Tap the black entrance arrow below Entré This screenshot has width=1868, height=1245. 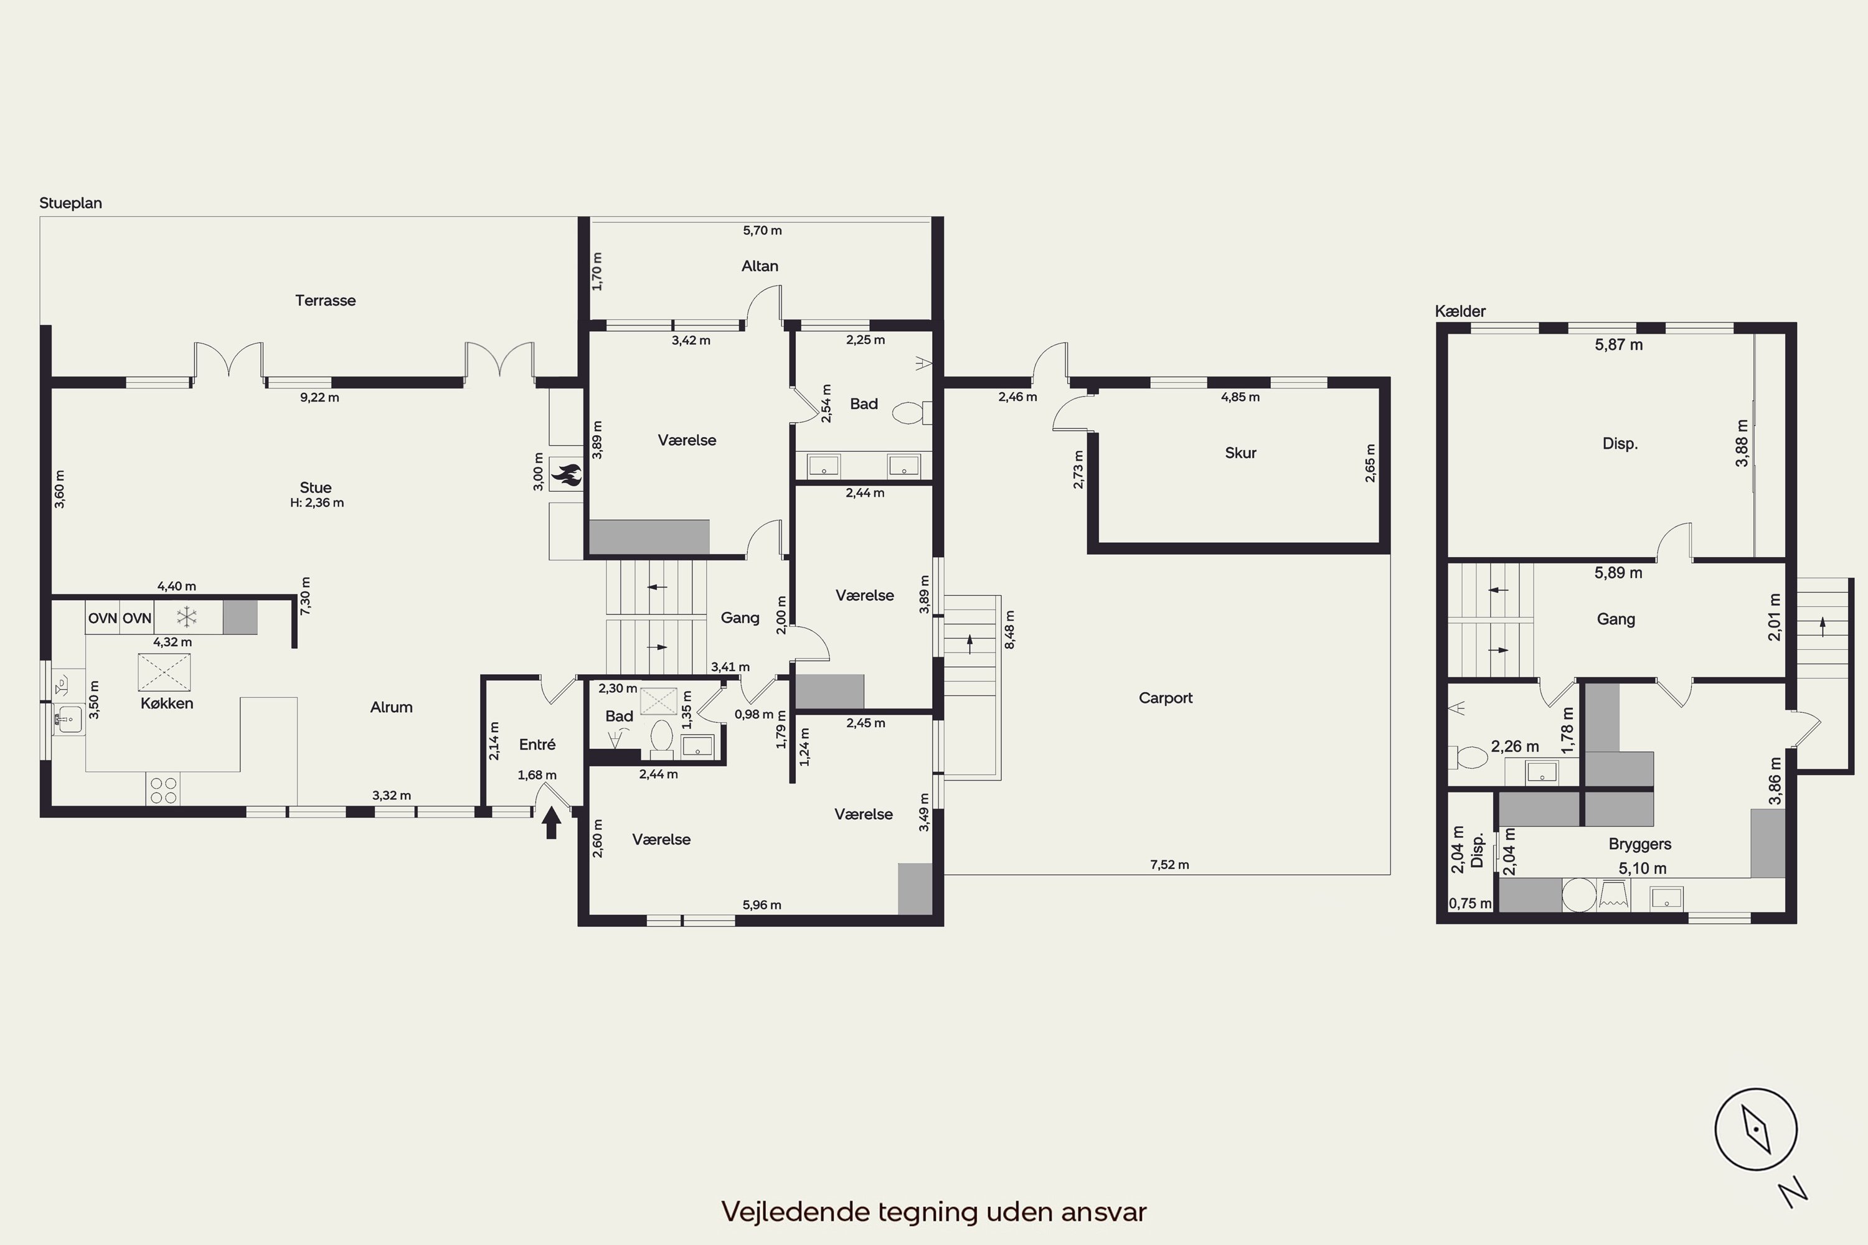click(551, 824)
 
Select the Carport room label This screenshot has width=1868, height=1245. click(1165, 698)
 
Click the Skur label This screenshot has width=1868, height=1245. click(1240, 453)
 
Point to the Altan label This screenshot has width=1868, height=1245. click(759, 266)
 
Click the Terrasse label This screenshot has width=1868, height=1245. click(326, 300)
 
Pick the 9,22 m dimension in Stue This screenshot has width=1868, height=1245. click(319, 397)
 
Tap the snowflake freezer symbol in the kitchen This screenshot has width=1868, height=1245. click(187, 617)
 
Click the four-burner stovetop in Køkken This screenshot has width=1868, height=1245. click(163, 790)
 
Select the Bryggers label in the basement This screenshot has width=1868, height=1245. click(1640, 844)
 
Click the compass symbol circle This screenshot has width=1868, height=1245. click(1755, 1129)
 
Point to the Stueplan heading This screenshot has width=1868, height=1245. click(71, 204)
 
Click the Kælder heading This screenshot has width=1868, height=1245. click(1460, 311)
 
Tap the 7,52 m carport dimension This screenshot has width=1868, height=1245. click(1169, 865)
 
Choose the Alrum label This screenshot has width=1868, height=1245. click(391, 707)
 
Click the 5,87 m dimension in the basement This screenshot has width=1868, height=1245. click(1618, 345)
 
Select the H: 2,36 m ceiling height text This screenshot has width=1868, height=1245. click(317, 502)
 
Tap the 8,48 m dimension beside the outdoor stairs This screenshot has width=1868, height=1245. click(1009, 629)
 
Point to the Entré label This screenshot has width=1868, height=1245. click(537, 744)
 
